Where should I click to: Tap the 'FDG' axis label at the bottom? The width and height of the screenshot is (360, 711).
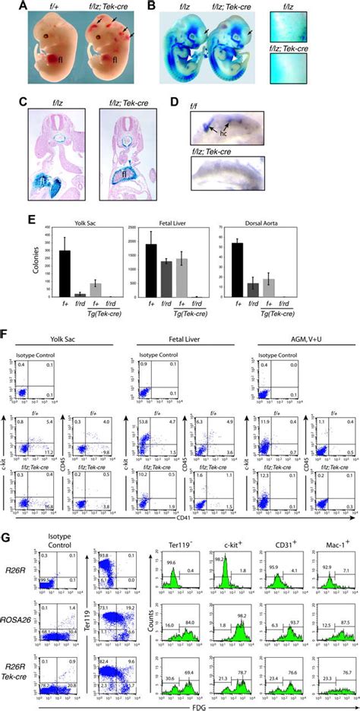pyautogui.click(x=181, y=703)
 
